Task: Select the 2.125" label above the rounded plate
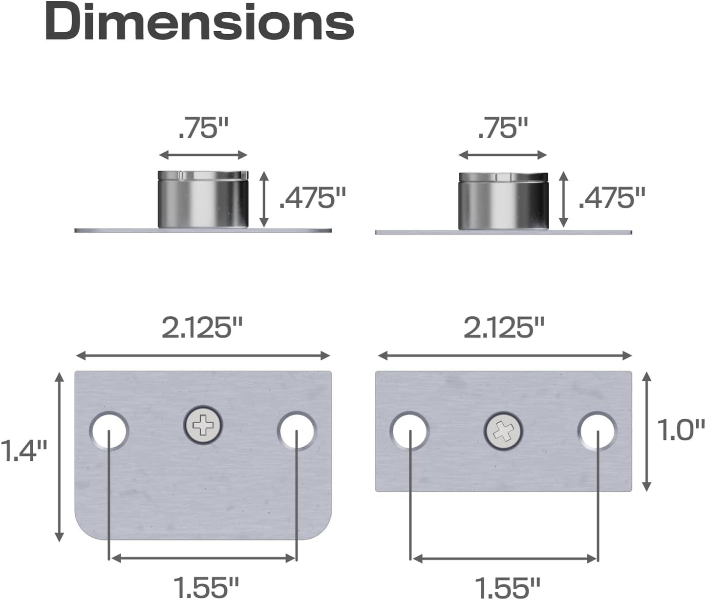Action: (202, 328)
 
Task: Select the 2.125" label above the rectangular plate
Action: (503, 328)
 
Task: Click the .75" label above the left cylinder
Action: (203, 128)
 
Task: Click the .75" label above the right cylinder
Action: (503, 128)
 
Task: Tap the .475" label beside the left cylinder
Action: (312, 198)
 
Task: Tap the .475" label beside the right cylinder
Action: (612, 198)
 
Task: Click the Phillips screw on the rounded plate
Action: (203, 426)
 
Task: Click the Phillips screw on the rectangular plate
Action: (503, 432)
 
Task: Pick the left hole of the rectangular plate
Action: (409, 431)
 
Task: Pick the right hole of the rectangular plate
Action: (597, 431)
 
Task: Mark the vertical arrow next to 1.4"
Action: (60, 456)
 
